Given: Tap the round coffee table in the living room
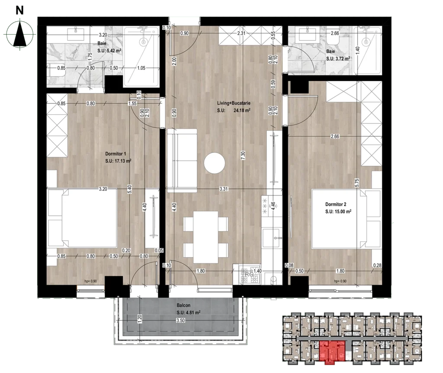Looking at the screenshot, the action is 215,163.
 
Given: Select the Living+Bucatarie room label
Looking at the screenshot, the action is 234,103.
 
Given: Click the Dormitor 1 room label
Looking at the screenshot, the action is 116,154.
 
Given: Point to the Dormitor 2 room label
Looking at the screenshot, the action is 336,204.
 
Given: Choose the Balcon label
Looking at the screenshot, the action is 183,305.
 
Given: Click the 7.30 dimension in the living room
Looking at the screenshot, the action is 243,156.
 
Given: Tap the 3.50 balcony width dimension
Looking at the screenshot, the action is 180,321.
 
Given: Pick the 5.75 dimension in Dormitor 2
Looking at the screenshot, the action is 357,183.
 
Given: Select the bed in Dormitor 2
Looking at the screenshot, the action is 346,219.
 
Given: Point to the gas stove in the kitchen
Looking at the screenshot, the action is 250,274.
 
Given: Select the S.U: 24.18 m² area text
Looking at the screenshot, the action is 234,110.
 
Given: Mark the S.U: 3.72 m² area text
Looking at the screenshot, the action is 338,58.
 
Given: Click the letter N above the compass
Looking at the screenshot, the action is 19,10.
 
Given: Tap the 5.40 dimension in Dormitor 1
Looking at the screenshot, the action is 130,189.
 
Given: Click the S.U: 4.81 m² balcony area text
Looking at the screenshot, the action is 189,312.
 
